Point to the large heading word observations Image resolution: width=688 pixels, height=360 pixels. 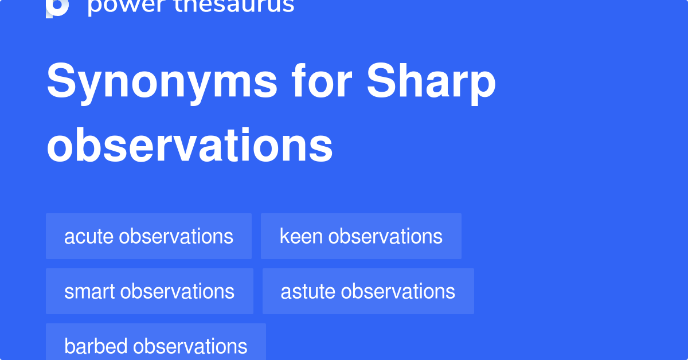189,146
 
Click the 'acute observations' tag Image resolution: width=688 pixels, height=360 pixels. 148,236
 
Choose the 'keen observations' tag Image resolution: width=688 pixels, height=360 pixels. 361,236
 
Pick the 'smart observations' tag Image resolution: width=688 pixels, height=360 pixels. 149,291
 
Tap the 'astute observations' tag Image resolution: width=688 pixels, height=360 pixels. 368,291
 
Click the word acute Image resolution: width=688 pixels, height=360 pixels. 89,236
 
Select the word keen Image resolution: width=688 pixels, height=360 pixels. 301,236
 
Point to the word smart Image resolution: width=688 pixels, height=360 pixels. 89,291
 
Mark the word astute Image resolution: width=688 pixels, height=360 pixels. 308,291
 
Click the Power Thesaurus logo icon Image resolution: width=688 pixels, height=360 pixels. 57,7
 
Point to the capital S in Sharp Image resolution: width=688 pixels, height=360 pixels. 381,82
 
